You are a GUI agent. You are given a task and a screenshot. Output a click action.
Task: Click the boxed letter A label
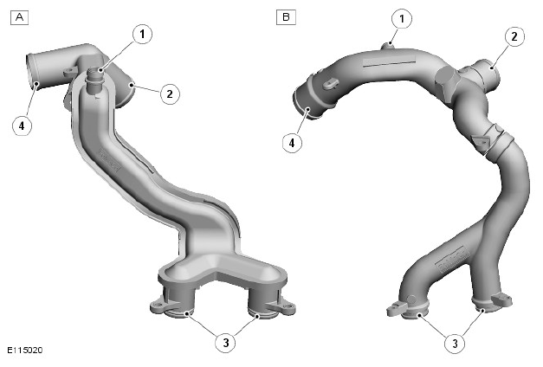(19, 17)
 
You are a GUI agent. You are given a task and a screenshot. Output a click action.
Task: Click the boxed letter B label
(286, 17)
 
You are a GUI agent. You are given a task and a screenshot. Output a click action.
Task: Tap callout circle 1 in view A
(142, 34)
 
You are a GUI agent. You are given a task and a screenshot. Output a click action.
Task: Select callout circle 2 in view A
(170, 93)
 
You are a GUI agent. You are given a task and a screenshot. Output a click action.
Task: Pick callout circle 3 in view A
(226, 343)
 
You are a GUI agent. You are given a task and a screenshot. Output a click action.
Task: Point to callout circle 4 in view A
(22, 126)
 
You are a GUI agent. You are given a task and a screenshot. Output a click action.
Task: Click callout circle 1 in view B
(402, 18)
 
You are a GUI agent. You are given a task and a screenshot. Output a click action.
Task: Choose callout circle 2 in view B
(514, 36)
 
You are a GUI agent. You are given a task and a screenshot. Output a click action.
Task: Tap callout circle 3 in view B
(455, 343)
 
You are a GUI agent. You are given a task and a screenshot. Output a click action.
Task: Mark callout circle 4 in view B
(292, 142)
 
